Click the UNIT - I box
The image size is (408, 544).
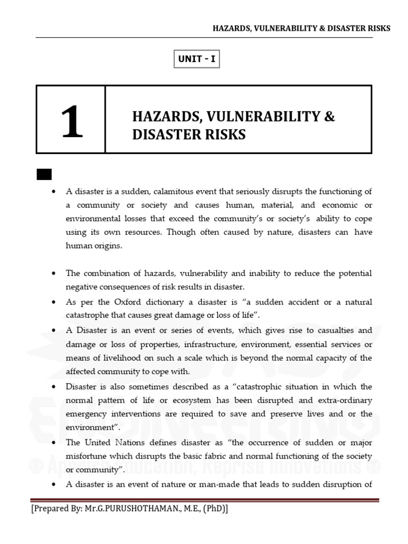pyautogui.click(x=197, y=59)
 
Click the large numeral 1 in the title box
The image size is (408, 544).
pyautogui.click(x=71, y=121)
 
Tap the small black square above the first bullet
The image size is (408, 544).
pyautogui.click(x=44, y=174)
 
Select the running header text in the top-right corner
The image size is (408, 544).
pyautogui.click(x=301, y=28)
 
